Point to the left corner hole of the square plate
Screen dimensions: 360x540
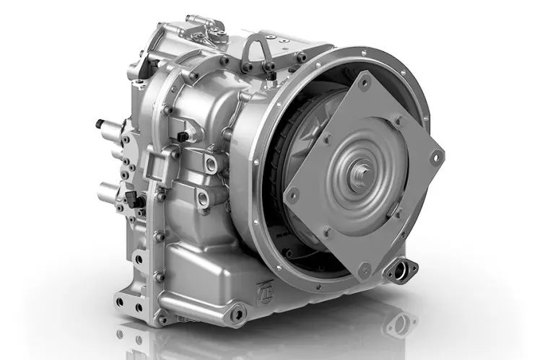(x=293, y=193)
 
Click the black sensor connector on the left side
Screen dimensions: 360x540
(x=131, y=196)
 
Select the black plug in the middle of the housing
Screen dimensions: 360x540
(x=183, y=135)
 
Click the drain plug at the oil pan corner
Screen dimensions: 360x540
(x=236, y=311)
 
